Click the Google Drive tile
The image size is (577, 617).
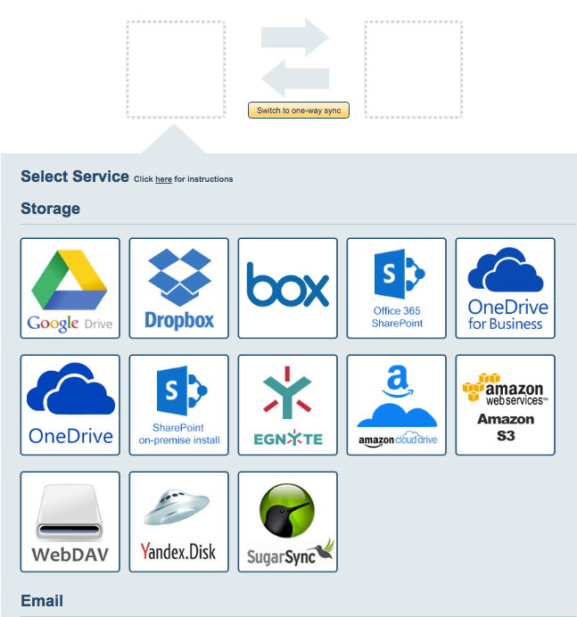tap(70, 288)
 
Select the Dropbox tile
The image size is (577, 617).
tap(179, 288)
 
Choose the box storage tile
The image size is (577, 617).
tap(288, 288)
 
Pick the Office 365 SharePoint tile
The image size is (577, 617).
tap(397, 288)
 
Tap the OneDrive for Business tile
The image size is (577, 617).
tap(506, 288)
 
